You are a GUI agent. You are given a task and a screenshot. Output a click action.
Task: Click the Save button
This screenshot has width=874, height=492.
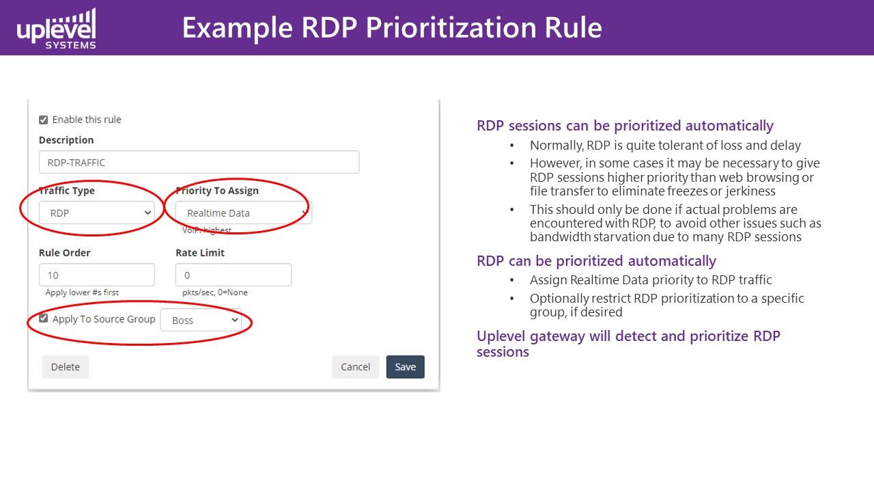[x=405, y=367]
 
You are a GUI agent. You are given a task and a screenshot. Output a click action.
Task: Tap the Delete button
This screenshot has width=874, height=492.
[x=66, y=367]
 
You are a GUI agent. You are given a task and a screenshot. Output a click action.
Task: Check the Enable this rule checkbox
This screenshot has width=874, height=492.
[x=43, y=120]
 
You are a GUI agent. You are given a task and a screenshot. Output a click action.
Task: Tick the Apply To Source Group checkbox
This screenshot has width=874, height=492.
[x=43, y=318]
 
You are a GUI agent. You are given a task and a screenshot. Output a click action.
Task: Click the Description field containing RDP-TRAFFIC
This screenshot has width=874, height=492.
[x=199, y=162]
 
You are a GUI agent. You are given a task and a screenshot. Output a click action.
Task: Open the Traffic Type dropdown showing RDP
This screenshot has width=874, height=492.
[x=97, y=213]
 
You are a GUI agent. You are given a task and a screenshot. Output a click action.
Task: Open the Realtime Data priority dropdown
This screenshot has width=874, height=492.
[x=244, y=213]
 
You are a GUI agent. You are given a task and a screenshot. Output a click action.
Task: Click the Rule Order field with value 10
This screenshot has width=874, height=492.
[x=97, y=275]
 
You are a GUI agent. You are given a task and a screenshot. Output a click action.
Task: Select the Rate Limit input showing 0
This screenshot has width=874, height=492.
[x=234, y=275]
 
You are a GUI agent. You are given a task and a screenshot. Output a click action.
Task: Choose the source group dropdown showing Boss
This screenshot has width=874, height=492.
[x=201, y=320]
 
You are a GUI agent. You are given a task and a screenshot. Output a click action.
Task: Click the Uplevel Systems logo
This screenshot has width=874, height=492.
[x=56, y=29]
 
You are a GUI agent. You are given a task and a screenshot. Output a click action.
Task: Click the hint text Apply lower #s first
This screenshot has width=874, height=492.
[x=82, y=292]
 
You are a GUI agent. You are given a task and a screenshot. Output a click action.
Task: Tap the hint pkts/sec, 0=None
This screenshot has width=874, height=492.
[x=214, y=292]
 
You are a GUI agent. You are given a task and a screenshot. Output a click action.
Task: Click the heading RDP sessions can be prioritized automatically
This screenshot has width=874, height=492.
[x=625, y=126]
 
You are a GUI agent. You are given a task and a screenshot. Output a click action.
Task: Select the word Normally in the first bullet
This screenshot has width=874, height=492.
[x=556, y=146]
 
